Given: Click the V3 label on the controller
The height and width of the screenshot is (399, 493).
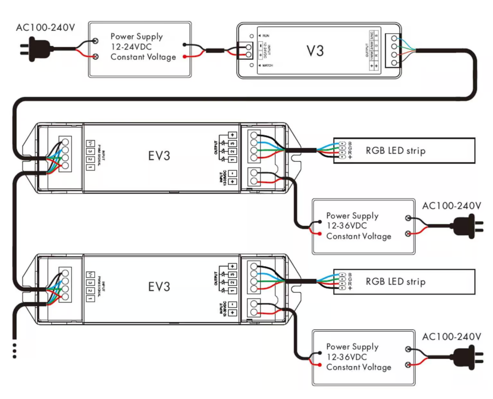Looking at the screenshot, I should pos(315,51).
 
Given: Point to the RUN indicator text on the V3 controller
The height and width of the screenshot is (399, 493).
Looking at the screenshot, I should pos(266,36).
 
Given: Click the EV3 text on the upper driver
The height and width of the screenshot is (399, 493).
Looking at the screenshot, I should pos(159,156).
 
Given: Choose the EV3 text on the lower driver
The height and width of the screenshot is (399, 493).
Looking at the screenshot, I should pos(159,287).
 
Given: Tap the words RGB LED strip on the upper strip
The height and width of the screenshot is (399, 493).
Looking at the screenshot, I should pos(395,150).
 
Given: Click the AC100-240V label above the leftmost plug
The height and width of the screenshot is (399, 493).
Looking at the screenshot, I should pos(46,27).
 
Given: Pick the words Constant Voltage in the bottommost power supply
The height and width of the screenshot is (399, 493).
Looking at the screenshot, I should pos(358,367).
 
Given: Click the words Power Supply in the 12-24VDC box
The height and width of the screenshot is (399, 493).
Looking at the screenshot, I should pos(136,36).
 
